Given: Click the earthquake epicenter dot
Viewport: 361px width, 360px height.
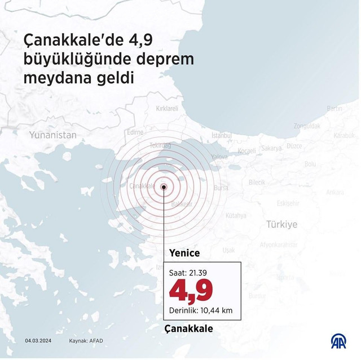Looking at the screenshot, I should [x=164, y=187].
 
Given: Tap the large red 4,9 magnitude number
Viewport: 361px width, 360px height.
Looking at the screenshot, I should [x=192, y=290].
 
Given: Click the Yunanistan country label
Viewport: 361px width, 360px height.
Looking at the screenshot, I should [x=52, y=135].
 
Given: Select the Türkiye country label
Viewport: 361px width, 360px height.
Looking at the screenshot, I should [x=281, y=224].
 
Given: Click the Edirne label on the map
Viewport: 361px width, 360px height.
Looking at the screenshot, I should [x=135, y=132].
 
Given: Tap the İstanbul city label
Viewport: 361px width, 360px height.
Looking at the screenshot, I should [x=222, y=136].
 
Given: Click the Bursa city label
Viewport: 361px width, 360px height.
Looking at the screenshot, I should [x=222, y=187].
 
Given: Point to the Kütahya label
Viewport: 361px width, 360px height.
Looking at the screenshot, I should [x=236, y=215].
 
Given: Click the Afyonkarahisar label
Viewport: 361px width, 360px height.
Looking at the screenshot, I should [x=278, y=245].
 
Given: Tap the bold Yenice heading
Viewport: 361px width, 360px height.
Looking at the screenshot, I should [x=184, y=254].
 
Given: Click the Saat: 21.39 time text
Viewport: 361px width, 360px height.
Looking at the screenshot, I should [x=188, y=273].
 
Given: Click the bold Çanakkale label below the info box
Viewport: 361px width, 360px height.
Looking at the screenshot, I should [x=189, y=328].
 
